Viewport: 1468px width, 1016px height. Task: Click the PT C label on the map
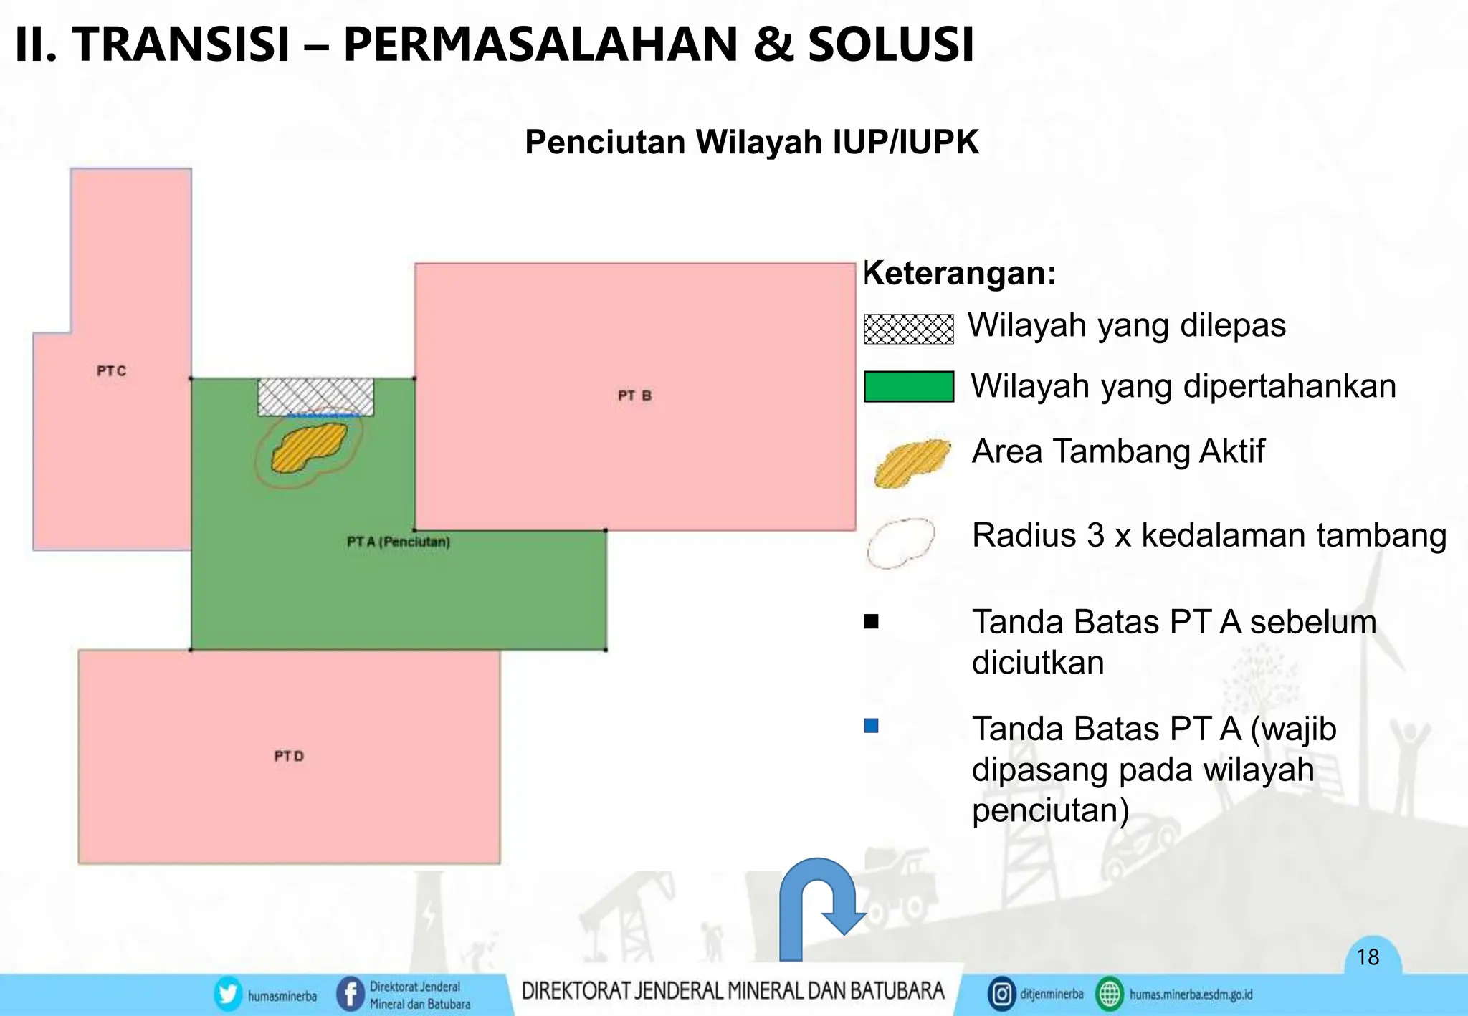click(x=111, y=371)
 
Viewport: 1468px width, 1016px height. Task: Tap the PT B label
click(x=634, y=396)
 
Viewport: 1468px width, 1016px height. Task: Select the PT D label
click(x=289, y=757)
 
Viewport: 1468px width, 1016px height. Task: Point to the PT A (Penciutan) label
click(x=399, y=542)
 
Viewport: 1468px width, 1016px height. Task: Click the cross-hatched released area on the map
click(x=315, y=396)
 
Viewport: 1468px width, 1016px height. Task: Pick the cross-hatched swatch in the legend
click(x=908, y=329)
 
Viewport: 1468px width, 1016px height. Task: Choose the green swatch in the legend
click(x=908, y=387)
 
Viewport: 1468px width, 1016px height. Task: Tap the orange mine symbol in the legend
click(x=910, y=463)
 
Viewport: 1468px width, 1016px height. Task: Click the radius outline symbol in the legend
click(x=900, y=543)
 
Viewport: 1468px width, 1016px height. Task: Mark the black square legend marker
click(x=871, y=621)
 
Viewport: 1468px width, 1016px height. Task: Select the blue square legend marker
click(x=871, y=726)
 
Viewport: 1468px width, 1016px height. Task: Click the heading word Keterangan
click(x=959, y=274)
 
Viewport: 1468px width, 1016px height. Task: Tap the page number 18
click(x=1368, y=957)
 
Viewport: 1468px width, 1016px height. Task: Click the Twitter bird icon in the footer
click(x=228, y=995)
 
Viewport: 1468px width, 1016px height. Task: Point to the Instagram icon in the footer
click(x=1001, y=995)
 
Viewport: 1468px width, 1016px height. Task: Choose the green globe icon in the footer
click(x=1110, y=995)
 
